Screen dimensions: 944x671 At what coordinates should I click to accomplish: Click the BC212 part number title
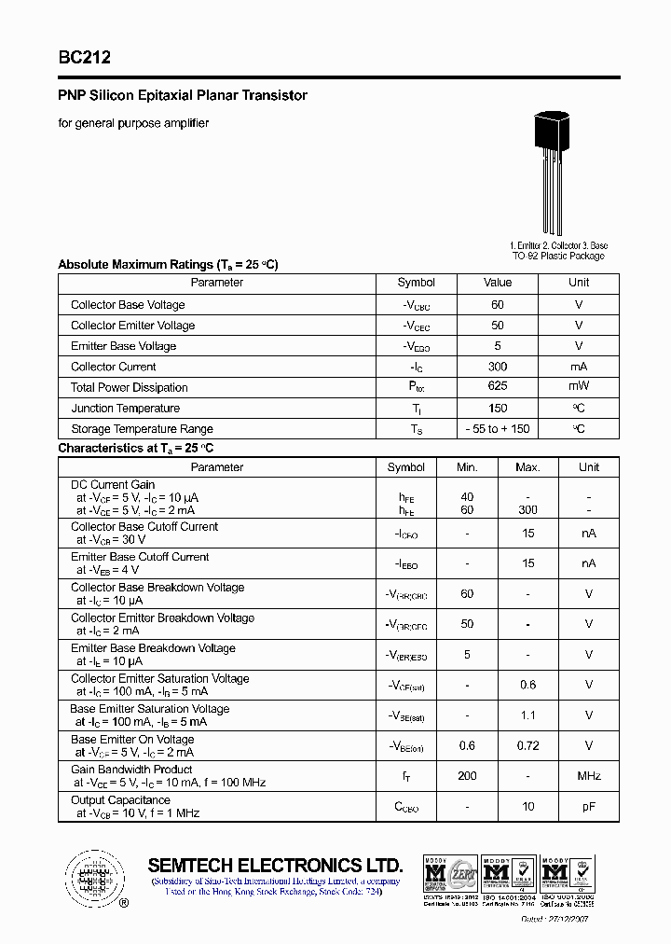[x=85, y=57]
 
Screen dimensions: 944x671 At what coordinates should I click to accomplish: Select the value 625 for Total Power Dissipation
[x=498, y=386]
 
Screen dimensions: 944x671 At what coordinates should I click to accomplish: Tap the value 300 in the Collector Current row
[x=498, y=367]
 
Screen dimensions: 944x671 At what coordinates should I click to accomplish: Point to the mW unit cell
[x=579, y=386]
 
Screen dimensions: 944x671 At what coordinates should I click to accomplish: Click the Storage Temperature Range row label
[x=142, y=429]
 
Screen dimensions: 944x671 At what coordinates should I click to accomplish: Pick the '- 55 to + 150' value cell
[x=498, y=429]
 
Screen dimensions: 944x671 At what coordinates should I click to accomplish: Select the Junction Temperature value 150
[x=498, y=408]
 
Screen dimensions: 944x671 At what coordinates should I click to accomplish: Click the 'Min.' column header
[x=467, y=466]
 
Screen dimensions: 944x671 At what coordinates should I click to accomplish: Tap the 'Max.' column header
[x=527, y=466]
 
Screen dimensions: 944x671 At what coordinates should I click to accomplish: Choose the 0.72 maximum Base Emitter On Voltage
[x=527, y=745]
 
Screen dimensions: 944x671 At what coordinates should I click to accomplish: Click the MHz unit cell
[x=589, y=776]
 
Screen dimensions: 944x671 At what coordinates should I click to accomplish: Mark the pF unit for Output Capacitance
[x=589, y=806]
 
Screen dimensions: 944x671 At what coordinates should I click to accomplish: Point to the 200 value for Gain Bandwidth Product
[x=467, y=776]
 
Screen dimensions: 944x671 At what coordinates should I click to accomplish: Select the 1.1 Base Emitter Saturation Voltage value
[x=527, y=715]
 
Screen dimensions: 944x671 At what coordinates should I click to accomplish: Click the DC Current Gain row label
[x=113, y=485]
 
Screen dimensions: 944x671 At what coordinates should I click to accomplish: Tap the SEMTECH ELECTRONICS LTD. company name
[x=275, y=865]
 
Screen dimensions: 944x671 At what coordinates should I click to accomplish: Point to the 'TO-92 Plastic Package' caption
[x=558, y=256]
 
